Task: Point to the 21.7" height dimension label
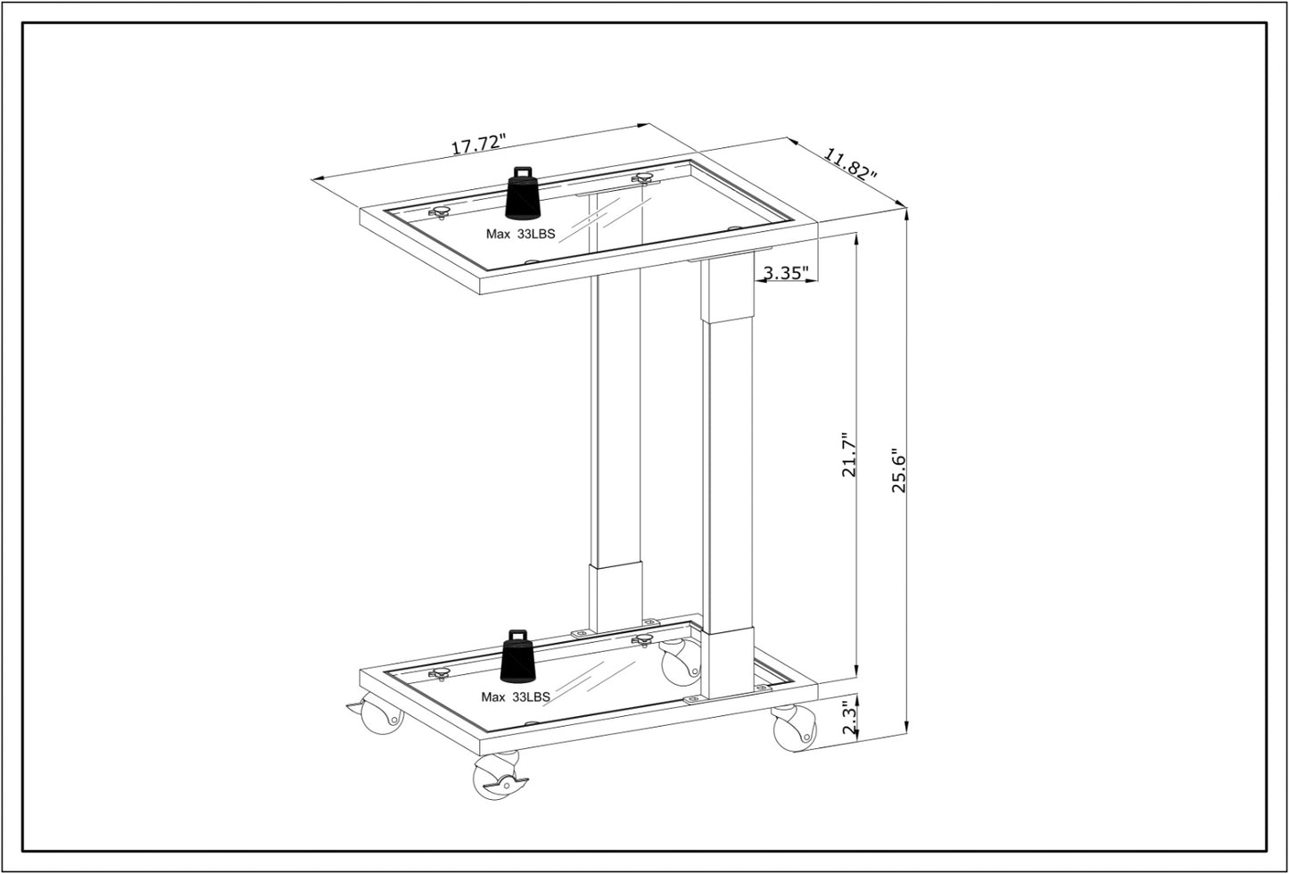848,456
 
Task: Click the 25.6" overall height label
898,470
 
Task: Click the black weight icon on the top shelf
523,194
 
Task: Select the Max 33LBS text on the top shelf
520,235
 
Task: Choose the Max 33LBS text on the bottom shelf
516,697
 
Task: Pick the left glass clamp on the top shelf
439,212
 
